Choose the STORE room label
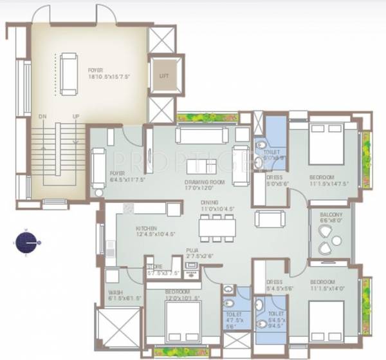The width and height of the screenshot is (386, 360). tap(155, 266)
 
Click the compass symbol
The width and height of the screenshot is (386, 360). tap(26, 243)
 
